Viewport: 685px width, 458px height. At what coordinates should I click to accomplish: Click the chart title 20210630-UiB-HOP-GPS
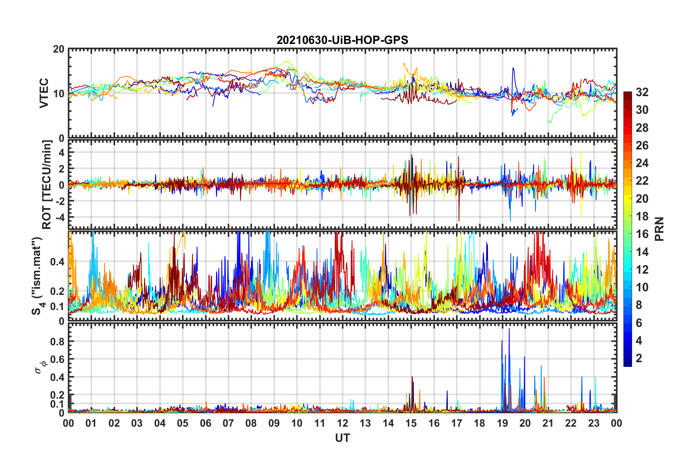point(342,40)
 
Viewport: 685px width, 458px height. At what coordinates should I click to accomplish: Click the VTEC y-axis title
point(44,93)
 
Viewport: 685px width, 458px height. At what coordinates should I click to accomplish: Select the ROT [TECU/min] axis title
point(46,184)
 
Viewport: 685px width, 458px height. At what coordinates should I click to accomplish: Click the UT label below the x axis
point(342,438)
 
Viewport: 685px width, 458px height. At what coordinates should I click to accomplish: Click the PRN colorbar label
point(659,229)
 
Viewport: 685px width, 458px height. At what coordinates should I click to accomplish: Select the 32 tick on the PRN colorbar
point(642,92)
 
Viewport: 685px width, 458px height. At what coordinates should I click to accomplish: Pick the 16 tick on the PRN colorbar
point(642,234)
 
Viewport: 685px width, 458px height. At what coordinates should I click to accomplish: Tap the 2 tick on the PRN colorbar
point(639,358)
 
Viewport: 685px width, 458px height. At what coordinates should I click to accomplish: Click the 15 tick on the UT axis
point(411,423)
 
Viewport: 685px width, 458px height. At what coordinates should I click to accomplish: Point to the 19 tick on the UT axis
point(502,423)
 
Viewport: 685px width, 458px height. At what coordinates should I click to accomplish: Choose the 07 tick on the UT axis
point(228,423)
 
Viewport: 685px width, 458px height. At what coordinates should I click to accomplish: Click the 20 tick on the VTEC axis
point(59,49)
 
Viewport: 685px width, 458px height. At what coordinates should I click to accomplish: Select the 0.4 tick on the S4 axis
point(58,262)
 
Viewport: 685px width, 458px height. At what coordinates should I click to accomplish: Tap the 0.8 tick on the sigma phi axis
point(58,341)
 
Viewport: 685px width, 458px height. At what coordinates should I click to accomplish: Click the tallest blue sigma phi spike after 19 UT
point(509,329)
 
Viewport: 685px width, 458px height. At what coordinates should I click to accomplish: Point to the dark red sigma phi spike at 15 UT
point(412,377)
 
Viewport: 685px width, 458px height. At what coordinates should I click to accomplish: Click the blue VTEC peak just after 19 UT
point(513,68)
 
